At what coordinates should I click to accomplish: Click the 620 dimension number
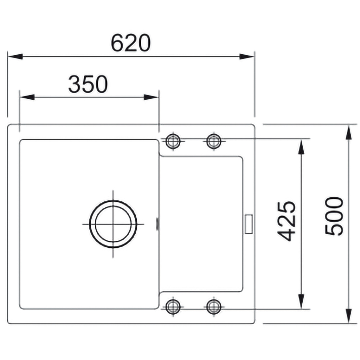click(x=131, y=43)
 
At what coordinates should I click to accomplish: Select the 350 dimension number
click(x=88, y=84)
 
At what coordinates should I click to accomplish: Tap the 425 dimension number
click(x=286, y=221)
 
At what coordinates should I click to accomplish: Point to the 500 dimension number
click(x=334, y=216)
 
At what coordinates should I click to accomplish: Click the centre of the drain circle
click(x=113, y=224)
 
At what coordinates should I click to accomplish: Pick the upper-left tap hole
click(x=173, y=141)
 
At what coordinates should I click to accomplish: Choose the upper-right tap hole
click(x=214, y=141)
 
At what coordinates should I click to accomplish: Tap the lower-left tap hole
click(x=173, y=306)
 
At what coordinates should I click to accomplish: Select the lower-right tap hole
click(x=214, y=306)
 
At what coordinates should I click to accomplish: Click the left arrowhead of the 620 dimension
click(x=15, y=57)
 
